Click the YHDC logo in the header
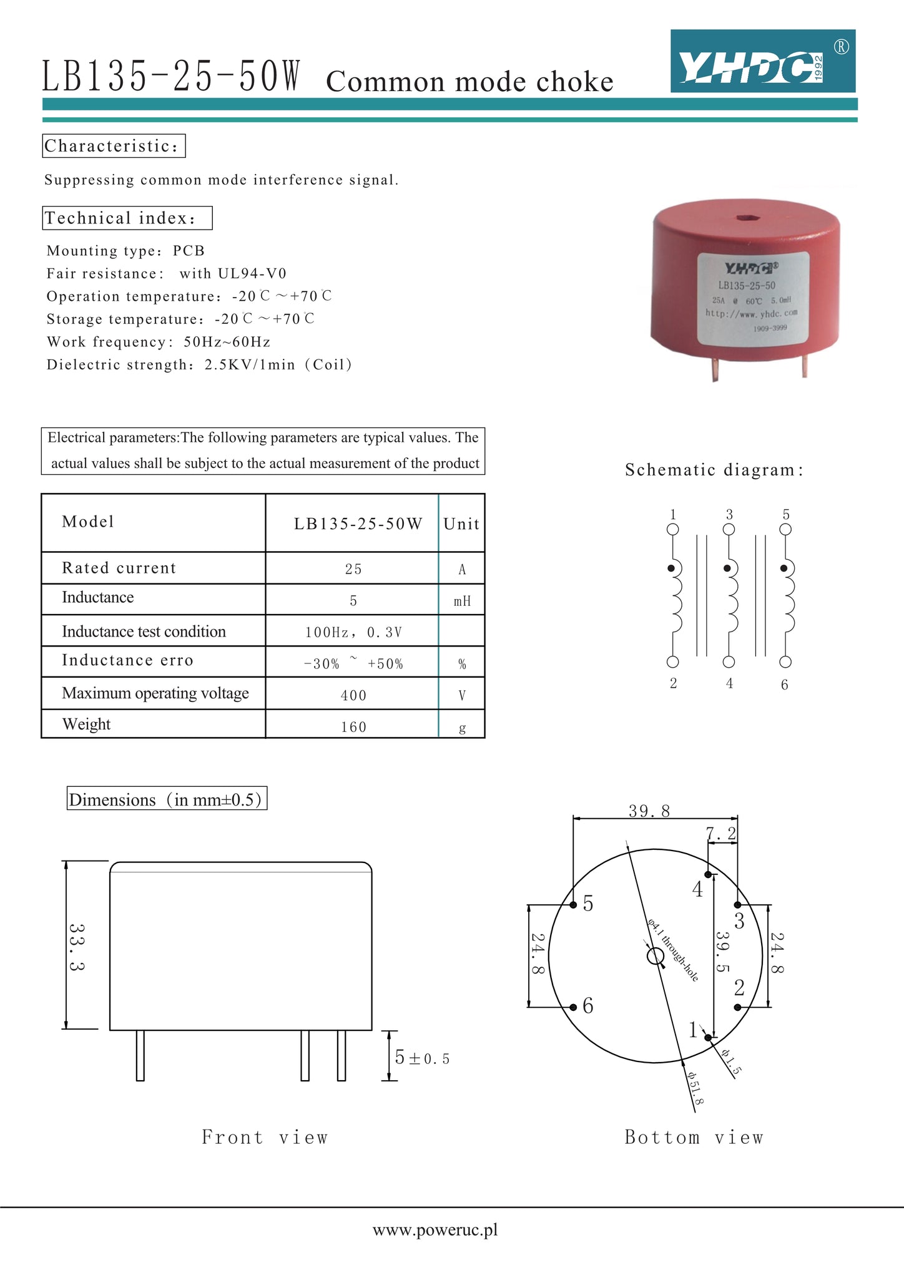762,61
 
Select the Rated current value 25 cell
353,568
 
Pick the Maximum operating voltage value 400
353,695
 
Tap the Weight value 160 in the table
353,727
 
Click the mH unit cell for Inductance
462,601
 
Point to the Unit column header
461,524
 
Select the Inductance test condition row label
144,632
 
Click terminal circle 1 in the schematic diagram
673,529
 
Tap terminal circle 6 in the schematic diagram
785,662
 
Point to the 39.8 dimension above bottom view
649,811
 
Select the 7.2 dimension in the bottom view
721,834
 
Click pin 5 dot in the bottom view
573,905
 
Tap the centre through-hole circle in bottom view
656,956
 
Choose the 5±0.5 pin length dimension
422,1058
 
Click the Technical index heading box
127,218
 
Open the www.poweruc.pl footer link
435,1230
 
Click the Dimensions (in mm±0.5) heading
167,799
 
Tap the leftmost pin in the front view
140,1055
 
